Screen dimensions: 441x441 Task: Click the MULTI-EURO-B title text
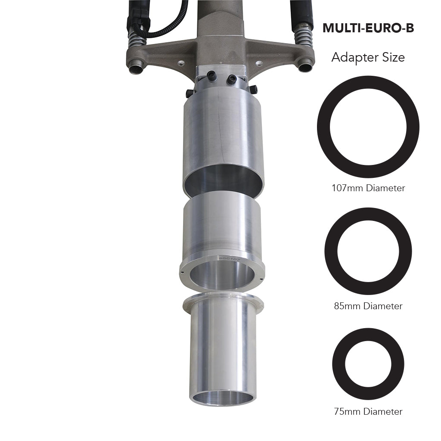pos(368,28)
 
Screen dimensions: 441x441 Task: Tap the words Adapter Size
pos(368,57)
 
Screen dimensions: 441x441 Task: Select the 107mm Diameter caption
pos(368,188)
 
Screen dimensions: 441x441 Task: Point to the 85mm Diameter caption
pos(368,306)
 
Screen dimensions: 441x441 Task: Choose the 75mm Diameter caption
pos(368,411)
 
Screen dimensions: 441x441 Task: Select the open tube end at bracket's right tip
pos(305,67)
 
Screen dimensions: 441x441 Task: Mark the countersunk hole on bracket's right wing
pos(259,63)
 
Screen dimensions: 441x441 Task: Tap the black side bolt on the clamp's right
pos(253,90)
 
